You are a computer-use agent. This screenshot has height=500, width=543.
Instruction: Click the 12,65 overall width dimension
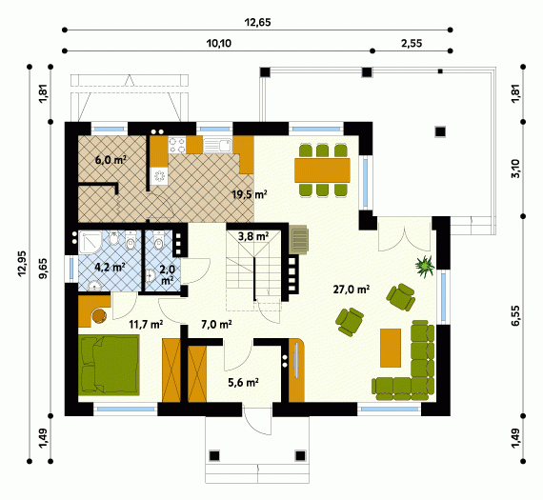coord(257,23)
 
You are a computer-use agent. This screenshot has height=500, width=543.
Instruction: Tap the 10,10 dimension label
coord(219,44)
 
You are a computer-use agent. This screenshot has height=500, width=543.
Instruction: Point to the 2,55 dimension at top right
coord(412,43)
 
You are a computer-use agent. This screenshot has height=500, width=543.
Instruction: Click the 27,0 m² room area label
coord(352,290)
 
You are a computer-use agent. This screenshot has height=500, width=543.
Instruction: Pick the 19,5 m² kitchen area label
coord(250,194)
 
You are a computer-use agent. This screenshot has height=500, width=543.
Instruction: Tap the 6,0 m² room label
coord(111,160)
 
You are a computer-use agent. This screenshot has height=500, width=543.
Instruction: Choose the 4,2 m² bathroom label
coord(110,267)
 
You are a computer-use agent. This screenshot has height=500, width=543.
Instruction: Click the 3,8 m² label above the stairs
coord(253,236)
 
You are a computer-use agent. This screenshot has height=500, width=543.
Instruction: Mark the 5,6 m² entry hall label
coord(244,382)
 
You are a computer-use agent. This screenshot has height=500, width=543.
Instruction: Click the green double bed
coord(109,365)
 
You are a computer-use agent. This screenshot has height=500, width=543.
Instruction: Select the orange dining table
coord(322,170)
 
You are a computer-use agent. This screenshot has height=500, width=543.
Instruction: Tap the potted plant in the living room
coord(425,266)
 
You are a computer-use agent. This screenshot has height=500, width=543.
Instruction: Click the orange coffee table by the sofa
coord(391,348)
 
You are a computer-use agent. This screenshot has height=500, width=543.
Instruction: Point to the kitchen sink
coord(217,146)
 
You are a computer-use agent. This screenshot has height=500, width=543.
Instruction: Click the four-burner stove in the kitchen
coord(177,145)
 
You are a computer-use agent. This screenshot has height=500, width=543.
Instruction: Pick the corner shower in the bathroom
coord(90,242)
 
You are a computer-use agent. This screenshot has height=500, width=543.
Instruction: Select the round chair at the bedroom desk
coord(99,315)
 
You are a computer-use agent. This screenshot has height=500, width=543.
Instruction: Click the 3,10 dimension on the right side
coord(515,169)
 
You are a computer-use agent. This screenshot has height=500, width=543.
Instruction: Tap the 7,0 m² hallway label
coord(216,325)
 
